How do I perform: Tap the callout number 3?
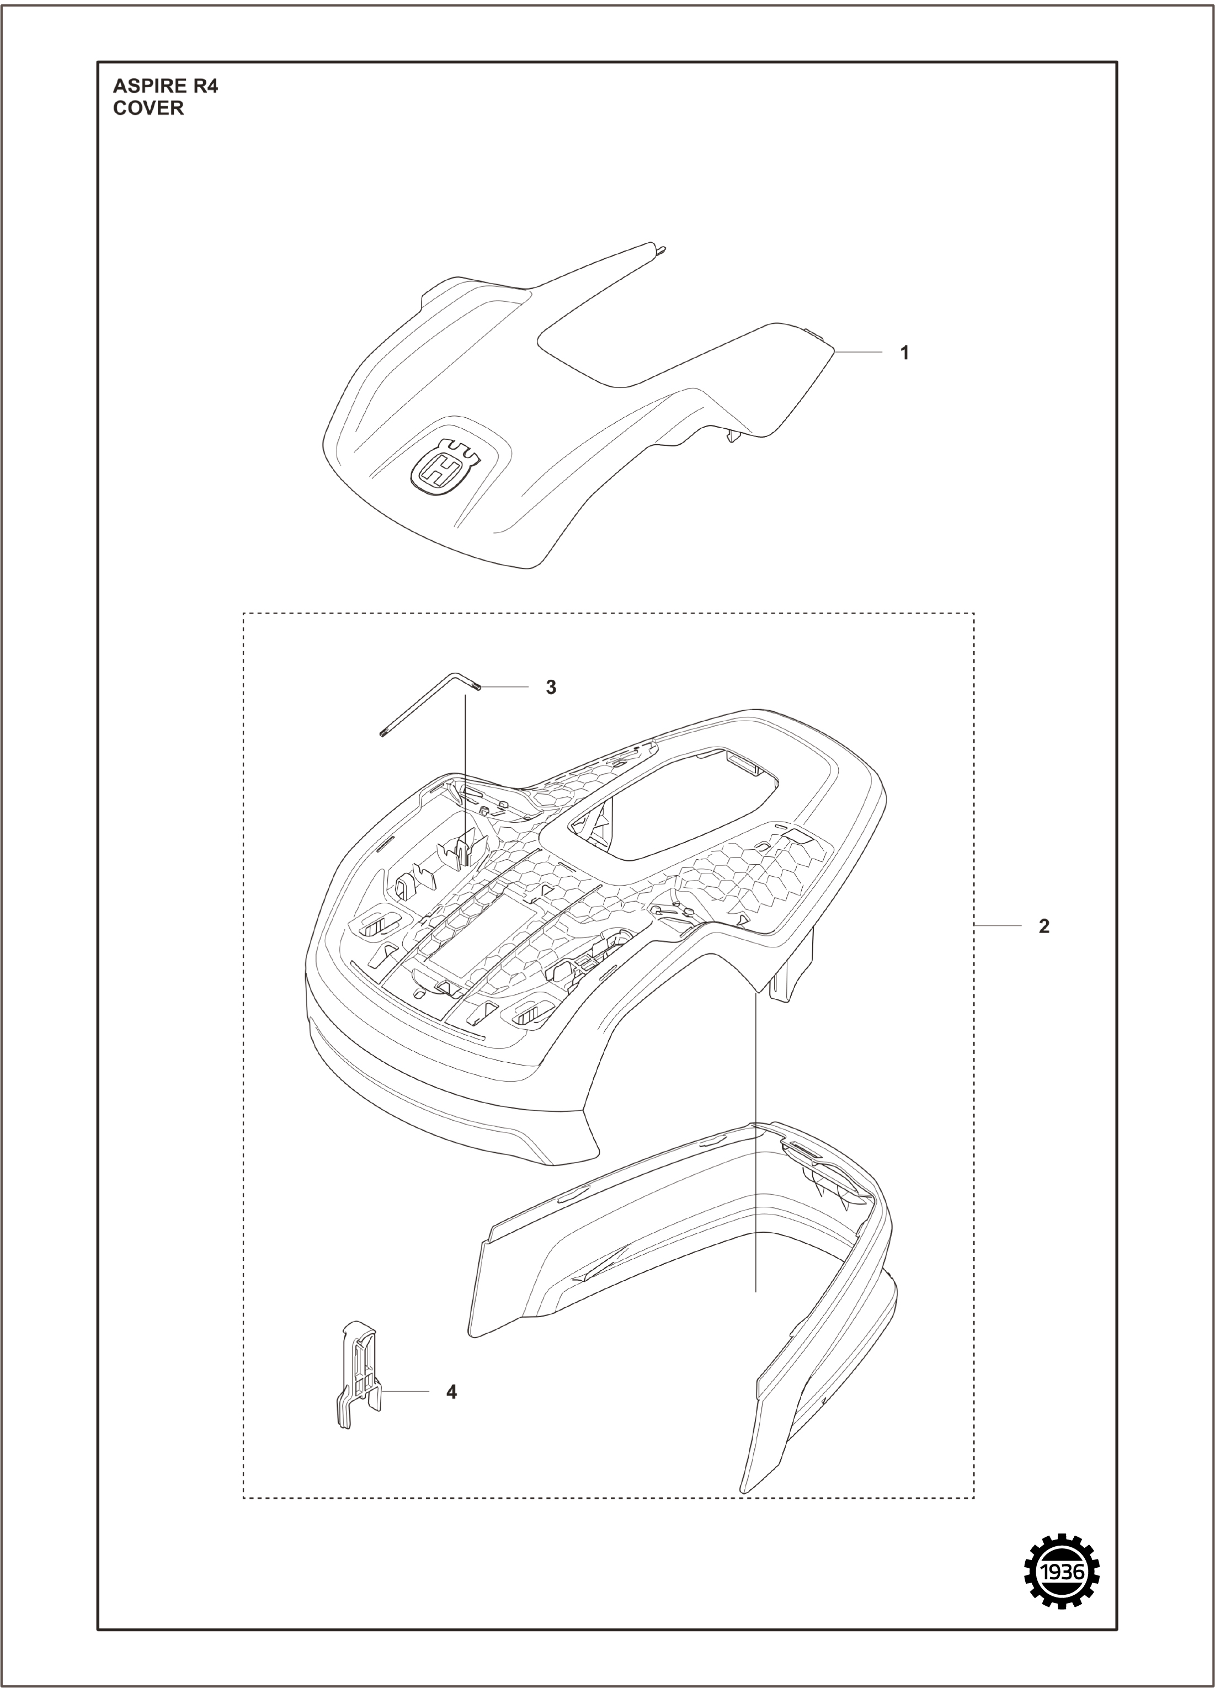pyautogui.click(x=551, y=688)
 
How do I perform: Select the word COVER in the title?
pyautogui.click(x=148, y=109)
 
